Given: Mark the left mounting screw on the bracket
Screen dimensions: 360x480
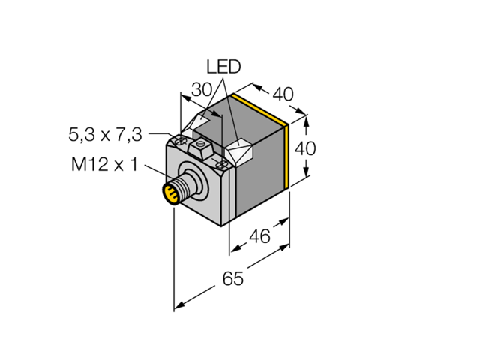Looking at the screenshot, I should (x=180, y=140).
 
